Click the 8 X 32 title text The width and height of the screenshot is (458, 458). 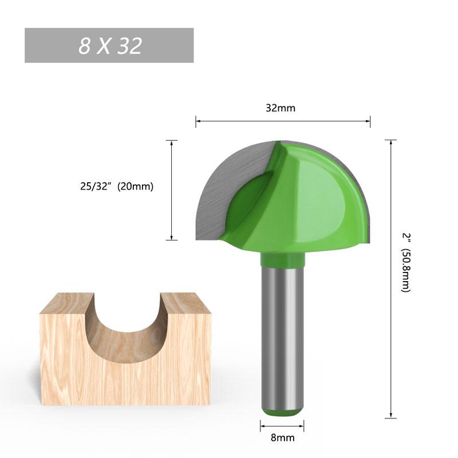click(x=110, y=46)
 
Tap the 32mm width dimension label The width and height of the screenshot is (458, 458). click(x=281, y=108)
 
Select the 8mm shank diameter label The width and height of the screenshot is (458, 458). click(x=282, y=438)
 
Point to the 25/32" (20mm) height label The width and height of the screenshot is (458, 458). click(x=117, y=186)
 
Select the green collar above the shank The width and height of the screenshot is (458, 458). click(x=282, y=260)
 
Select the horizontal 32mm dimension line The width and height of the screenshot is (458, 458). click(x=283, y=121)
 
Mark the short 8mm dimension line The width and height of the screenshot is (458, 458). click(x=282, y=425)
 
